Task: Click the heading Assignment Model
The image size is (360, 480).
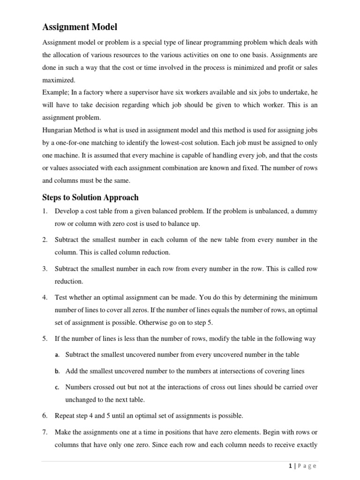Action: [80, 27]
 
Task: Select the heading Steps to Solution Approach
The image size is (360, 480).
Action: [90, 197]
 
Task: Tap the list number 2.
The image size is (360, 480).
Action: [45, 240]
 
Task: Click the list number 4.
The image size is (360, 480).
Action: [45, 297]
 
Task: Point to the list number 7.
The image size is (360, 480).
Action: [45, 432]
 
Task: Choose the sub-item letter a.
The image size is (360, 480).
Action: [57, 355]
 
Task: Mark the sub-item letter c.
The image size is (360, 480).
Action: [57, 387]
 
